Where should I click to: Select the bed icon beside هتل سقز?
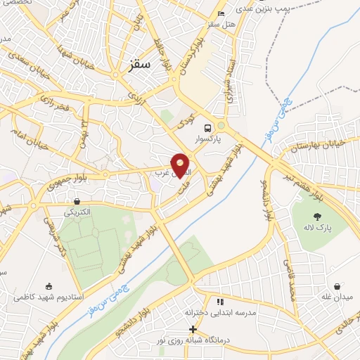pos(221,13)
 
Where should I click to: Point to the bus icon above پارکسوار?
pos(208,128)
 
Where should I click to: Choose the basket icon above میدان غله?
pos(339,287)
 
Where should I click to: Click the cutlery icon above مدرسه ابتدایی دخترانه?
pos(219,302)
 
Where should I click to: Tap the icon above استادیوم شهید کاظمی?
pos(49,286)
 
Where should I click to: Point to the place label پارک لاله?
pos(319,229)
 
